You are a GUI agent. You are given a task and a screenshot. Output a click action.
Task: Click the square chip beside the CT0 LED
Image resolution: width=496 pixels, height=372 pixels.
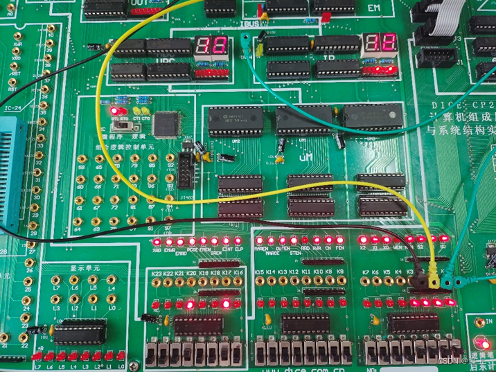point(167,123)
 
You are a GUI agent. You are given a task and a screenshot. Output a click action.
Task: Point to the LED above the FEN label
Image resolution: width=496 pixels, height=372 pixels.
point(339,242)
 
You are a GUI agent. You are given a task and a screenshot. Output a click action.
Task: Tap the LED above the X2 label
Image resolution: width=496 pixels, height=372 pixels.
point(363,242)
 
